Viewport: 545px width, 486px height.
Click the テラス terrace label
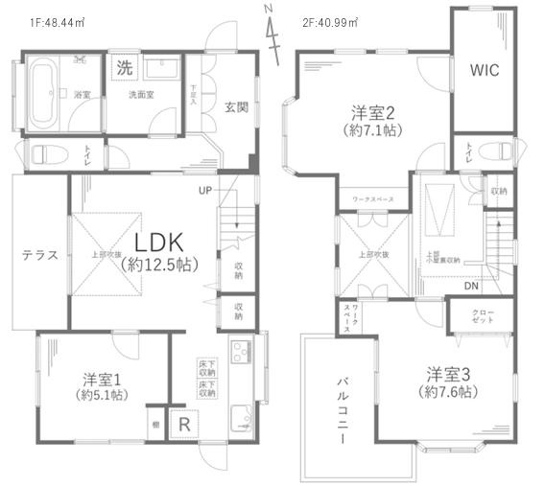[x=39, y=255]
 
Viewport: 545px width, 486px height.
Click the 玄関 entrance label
[x=237, y=106]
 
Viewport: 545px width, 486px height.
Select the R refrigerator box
[x=181, y=423]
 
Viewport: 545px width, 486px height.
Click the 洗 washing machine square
[x=123, y=67]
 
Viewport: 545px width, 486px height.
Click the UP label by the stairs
[x=204, y=190]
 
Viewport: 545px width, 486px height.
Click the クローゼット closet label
[x=485, y=315]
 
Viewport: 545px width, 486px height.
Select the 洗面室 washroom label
[x=143, y=94]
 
